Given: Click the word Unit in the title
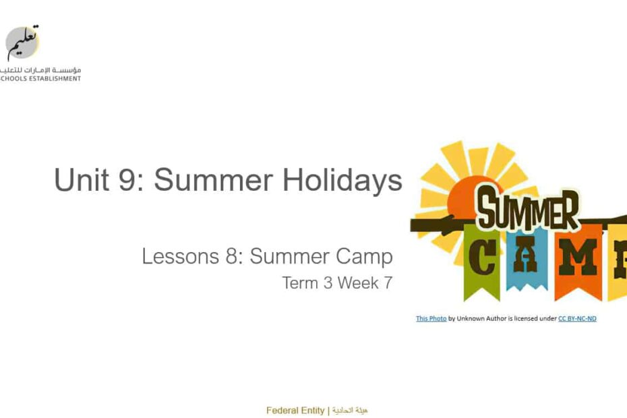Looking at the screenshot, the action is [x=81, y=179].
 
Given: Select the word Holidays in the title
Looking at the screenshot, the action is [x=342, y=181].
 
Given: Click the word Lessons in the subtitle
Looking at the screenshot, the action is [x=180, y=256].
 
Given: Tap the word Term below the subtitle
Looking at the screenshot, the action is [x=300, y=282].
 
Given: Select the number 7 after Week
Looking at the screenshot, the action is [x=388, y=282].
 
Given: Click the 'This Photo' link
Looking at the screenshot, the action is [x=431, y=318].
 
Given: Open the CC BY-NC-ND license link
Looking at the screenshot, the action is [x=577, y=318].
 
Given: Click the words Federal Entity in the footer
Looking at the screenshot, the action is [x=295, y=411].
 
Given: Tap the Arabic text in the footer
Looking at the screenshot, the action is [x=349, y=411].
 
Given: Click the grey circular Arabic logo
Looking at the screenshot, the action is [x=22, y=42].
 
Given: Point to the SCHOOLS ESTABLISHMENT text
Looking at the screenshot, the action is [x=40, y=79].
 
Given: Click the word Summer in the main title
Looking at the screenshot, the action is [x=213, y=180].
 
